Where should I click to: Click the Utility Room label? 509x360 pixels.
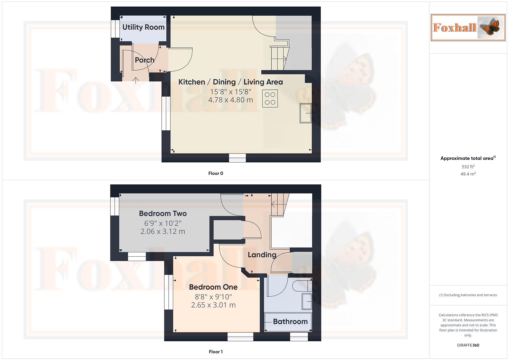143,27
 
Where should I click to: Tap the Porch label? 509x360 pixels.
144,60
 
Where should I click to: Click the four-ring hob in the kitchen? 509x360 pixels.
270,98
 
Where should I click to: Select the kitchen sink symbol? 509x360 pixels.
306,113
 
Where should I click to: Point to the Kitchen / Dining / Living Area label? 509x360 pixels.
230,82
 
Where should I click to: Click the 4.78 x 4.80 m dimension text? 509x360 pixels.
230,100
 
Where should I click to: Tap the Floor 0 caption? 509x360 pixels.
216,173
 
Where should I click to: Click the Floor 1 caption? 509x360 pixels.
216,352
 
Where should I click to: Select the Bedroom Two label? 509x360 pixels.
163,214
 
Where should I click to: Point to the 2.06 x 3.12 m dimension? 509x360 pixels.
163,231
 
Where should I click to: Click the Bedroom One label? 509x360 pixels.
213,287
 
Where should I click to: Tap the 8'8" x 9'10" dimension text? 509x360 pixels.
213,297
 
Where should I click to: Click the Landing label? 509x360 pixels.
262,255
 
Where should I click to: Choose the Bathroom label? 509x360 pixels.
290,322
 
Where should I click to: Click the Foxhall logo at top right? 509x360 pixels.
468,27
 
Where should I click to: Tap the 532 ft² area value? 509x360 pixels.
468,167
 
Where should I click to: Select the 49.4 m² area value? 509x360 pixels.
468,174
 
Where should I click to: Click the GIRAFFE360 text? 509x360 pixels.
468,345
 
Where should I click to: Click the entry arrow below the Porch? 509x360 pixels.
136,80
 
